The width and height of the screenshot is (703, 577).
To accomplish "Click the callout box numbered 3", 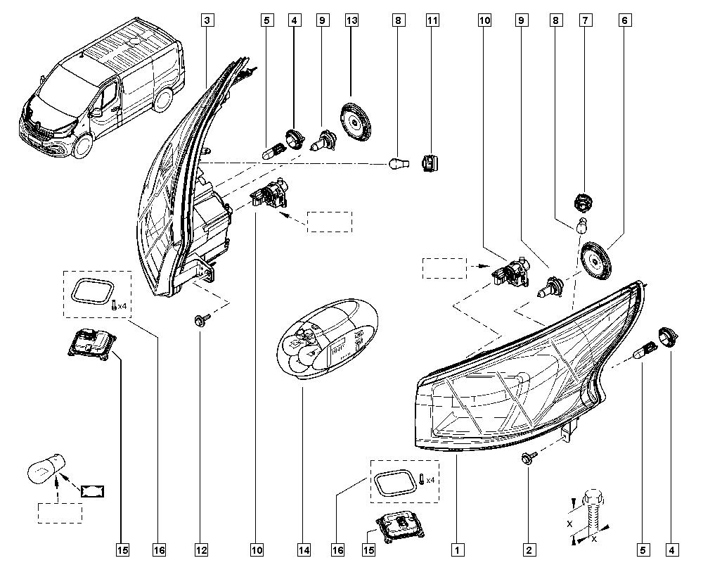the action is point(207,20).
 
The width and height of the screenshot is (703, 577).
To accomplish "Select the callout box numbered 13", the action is point(352,20).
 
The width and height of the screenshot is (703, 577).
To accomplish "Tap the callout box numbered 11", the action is point(432,20).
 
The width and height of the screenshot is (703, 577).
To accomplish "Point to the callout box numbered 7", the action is point(585,20).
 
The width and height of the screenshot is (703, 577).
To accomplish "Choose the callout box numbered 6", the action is point(625,20).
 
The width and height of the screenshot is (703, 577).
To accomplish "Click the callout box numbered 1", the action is point(458,550).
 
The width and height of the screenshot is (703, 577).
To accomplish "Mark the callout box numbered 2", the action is point(529,550).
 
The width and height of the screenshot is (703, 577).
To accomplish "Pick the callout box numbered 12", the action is point(201,550).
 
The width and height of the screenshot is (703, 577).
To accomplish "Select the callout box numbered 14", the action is point(304,550).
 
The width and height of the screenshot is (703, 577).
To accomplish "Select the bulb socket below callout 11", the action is point(430,163).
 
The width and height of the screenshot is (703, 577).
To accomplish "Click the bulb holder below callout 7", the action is point(583,203).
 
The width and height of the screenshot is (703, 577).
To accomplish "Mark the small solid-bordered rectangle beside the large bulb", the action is point(93,491).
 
